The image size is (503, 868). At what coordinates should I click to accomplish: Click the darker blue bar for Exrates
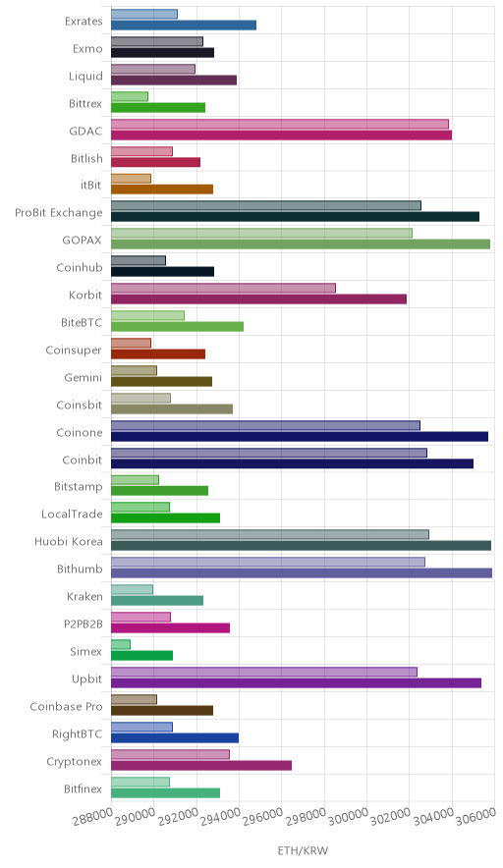[x=184, y=25]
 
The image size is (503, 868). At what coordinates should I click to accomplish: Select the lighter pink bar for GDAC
[x=280, y=124]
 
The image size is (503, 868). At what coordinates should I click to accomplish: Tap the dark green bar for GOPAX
[x=301, y=244]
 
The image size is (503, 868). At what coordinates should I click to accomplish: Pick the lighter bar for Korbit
[x=223, y=288]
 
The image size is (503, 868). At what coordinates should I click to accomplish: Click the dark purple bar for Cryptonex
[x=201, y=765]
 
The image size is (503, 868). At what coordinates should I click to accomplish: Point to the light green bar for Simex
[x=121, y=644]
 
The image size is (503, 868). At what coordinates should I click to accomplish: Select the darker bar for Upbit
[x=296, y=682]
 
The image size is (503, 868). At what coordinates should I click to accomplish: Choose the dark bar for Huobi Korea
[x=301, y=546]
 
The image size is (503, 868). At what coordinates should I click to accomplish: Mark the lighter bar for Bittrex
[x=130, y=96]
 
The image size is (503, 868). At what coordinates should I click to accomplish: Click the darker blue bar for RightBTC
[x=175, y=738]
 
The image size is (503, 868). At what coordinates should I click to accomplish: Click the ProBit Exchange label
[x=59, y=213]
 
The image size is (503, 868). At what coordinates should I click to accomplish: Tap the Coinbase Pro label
[x=67, y=707]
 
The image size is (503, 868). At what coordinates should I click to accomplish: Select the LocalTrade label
[x=72, y=515]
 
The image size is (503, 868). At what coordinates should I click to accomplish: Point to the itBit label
[x=91, y=186]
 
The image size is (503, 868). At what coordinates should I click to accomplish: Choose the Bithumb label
[x=80, y=570]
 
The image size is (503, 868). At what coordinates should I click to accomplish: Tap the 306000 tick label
[x=475, y=816]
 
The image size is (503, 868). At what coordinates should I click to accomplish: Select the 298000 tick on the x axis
[x=307, y=817]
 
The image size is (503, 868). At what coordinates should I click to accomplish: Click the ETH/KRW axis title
[x=303, y=851]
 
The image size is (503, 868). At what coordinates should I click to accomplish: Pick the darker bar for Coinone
[x=300, y=436]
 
